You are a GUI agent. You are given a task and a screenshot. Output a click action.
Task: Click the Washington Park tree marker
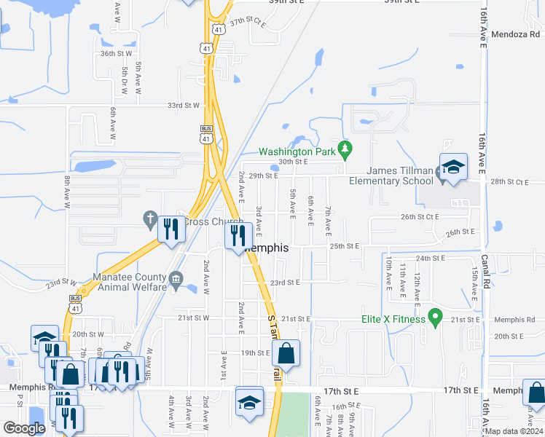[346, 151]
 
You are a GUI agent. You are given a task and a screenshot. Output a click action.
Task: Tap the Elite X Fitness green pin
[436, 317]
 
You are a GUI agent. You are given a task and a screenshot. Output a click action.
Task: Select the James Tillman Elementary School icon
[452, 167]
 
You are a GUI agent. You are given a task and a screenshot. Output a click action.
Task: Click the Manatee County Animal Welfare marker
[175, 280]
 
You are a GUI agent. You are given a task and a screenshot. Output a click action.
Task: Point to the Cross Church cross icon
[150, 219]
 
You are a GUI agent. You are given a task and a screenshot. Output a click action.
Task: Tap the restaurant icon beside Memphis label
[238, 235]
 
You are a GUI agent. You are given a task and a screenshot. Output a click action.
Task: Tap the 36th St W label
[117, 53]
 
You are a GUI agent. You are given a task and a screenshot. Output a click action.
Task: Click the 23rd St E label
[285, 283]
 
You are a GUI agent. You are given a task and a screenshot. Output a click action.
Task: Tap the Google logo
[25, 428]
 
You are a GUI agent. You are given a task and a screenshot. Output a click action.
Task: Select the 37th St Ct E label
[249, 23]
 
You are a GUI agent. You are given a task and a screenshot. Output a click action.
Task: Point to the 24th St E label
[430, 258]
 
